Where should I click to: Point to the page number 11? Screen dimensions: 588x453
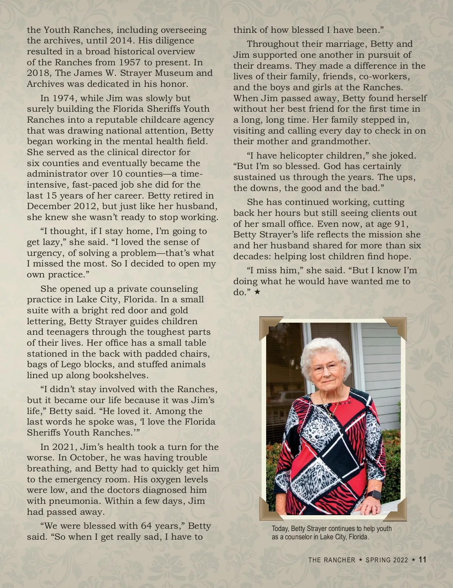422,560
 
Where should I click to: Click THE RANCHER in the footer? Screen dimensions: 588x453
331,560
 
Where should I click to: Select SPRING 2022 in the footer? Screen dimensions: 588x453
387,560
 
